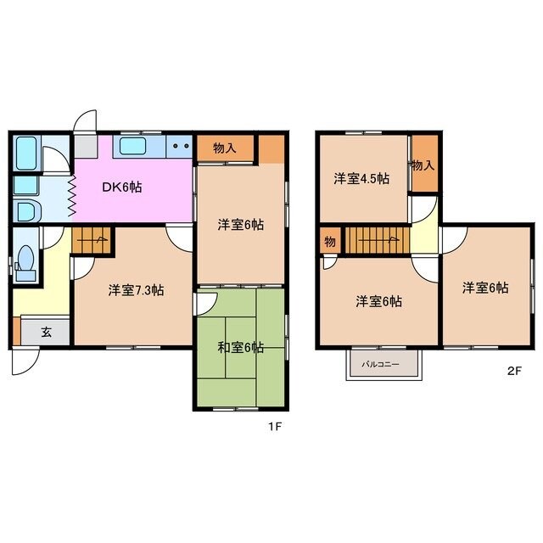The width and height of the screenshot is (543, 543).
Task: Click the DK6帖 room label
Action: [x=122, y=188]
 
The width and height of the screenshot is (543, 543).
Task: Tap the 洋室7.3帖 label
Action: [x=136, y=290]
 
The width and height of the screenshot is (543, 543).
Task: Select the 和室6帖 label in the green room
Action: [x=241, y=347]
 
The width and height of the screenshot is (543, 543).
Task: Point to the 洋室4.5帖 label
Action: [x=361, y=179]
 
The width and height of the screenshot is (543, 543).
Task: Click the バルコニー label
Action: [x=381, y=364]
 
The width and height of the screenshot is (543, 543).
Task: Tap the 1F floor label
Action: [x=275, y=427]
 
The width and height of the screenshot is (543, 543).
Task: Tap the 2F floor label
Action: [x=514, y=371]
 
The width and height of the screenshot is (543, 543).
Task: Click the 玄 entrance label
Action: [x=47, y=333]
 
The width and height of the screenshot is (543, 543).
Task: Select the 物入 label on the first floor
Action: [x=225, y=148]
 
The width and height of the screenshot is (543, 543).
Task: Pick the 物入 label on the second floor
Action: [x=423, y=165]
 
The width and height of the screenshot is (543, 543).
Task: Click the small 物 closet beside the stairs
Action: [x=330, y=241]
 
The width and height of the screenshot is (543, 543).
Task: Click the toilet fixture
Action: [x=26, y=262]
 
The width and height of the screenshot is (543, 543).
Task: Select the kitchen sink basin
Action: [x=132, y=146]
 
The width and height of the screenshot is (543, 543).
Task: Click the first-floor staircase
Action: [x=92, y=240]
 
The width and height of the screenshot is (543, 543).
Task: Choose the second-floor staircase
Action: [x=378, y=240]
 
